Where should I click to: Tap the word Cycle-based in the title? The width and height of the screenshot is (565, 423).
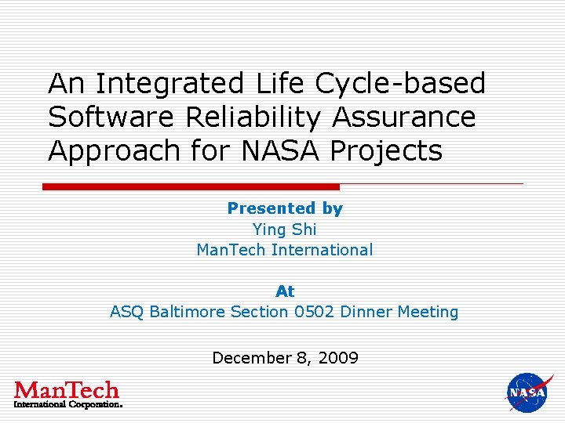pyautogui.click(x=400, y=83)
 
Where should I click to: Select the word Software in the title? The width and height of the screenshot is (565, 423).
pyautogui.click(x=113, y=117)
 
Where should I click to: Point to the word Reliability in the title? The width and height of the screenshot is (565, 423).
pyautogui.click(x=253, y=117)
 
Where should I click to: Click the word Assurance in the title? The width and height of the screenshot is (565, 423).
pyautogui.click(x=403, y=117)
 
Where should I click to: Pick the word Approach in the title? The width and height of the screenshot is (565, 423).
pyautogui.click(x=115, y=151)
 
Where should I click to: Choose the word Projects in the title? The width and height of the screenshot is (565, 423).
pyautogui.click(x=386, y=151)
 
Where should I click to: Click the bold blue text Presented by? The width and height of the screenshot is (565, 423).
pyautogui.click(x=285, y=208)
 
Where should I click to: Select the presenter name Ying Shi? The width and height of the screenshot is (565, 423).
pyautogui.click(x=284, y=230)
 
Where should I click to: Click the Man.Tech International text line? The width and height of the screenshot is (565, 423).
pyautogui.click(x=284, y=250)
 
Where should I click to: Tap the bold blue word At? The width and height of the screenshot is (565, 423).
pyautogui.click(x=285, y=291)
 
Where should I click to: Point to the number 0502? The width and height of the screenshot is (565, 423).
pyautogui.click(x=314, y=312)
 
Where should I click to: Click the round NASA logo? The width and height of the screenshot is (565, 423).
pyautogui.click(x=529, y=392)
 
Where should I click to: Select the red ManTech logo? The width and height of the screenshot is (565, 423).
pyautogui.click(x=67, y=394)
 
